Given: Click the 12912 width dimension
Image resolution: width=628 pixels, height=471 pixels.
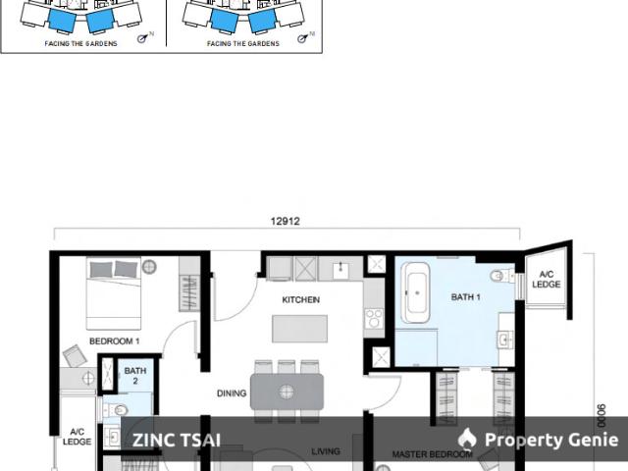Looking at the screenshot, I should (x=285, y=222).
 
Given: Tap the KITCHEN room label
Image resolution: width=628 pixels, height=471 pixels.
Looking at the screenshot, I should (x=300, y=300).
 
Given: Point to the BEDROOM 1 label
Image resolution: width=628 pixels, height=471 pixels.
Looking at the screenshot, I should (x=115, y=341).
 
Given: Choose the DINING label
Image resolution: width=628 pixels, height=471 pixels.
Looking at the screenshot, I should (x=232, y=393).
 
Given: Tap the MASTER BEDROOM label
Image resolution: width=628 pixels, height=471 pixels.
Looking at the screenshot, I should (x=432, y=454).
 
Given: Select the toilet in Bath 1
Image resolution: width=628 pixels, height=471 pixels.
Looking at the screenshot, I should (x=501, y=276).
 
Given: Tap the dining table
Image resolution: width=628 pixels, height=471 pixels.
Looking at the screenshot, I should (x=287, y=391).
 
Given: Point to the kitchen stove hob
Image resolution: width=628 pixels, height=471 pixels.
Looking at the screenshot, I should (x=373, y=318).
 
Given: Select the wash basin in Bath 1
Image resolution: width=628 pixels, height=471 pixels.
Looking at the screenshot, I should (x=503, y=340).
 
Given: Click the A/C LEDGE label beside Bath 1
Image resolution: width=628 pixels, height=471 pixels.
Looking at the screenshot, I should (x=547, y=279).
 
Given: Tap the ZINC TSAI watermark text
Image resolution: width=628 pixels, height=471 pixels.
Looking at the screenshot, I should (x=177, y=441).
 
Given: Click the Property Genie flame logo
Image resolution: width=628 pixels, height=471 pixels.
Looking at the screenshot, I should (x=468, y=440).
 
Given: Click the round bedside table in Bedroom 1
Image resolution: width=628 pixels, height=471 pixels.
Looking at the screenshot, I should (x=149, y=266).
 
